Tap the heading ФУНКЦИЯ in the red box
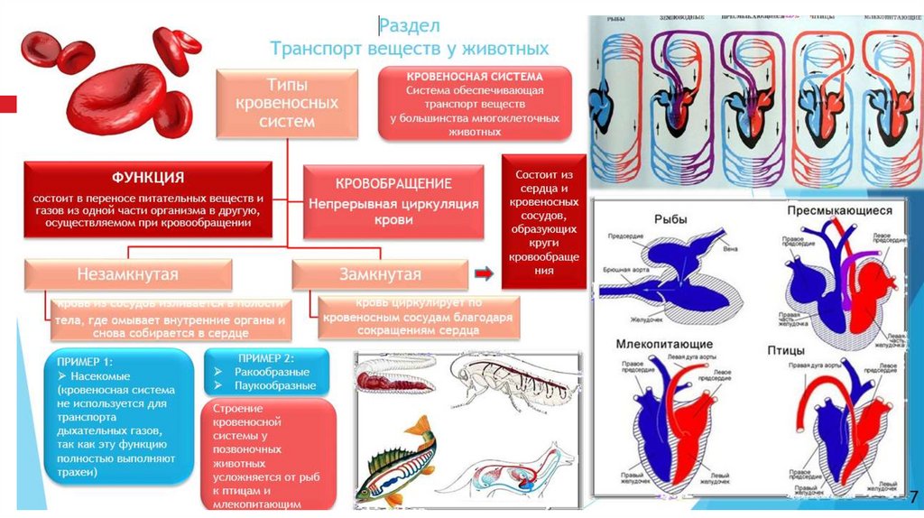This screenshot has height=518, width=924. pyautogui.click(x=148, y=177)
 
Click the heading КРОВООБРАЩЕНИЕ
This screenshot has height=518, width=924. pyautogui.click(x=393, y=183)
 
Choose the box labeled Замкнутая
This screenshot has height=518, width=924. pyautogui.click(x=380, y=273)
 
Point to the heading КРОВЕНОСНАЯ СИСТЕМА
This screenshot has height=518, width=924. pyautogui.click(x=475, y=78)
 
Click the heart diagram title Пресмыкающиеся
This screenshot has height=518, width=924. pyautogui.click(x=838, y=209)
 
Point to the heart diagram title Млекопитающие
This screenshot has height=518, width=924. pyautogui.click(x=664, y=344)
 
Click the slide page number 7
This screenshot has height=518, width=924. pyautogui.click(x=912, y=497)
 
